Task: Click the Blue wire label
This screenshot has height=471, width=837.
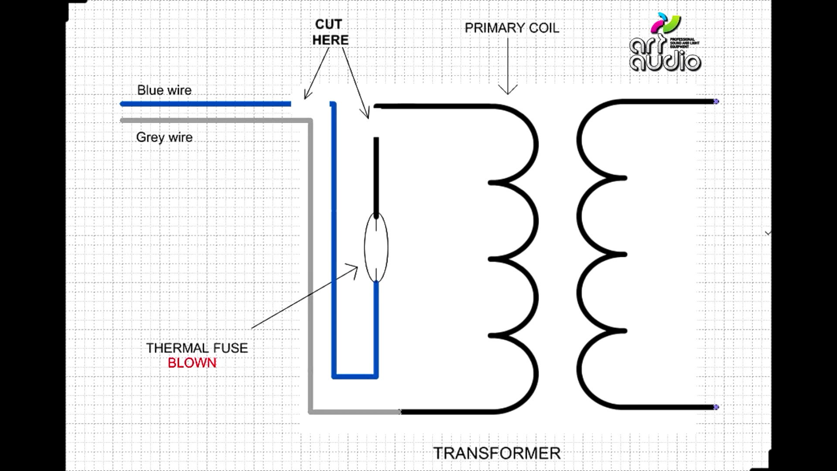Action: (x=164, y=90)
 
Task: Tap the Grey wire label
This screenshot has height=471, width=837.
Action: (x=164, y=137)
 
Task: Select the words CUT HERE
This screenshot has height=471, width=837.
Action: (x=330, y=32)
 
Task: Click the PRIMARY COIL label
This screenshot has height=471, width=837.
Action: (x=512, y=28)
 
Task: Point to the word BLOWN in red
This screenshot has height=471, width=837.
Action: (x=192, y=363)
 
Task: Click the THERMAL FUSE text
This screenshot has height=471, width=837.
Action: (x=197, y=348)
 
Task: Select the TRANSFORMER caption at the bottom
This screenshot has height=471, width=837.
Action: (x=497, y=453)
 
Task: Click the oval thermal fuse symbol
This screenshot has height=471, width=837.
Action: (x=376, y=247)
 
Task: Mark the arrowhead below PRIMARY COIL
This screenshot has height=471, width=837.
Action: (x=508, y=89)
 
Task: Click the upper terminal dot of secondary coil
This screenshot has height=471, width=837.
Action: (x=716, y=102)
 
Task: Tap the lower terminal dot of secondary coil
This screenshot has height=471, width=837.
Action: (x=716, y=407)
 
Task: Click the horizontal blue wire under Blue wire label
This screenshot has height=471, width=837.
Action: (x=206, y=104)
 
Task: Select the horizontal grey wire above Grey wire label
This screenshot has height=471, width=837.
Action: (x=216, y=120)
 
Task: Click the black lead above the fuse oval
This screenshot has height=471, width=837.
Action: (x=376, y=176)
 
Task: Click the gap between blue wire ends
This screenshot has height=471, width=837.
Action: (x=310, y=104)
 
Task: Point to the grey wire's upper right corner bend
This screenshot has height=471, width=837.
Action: (x=310, y=120)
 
